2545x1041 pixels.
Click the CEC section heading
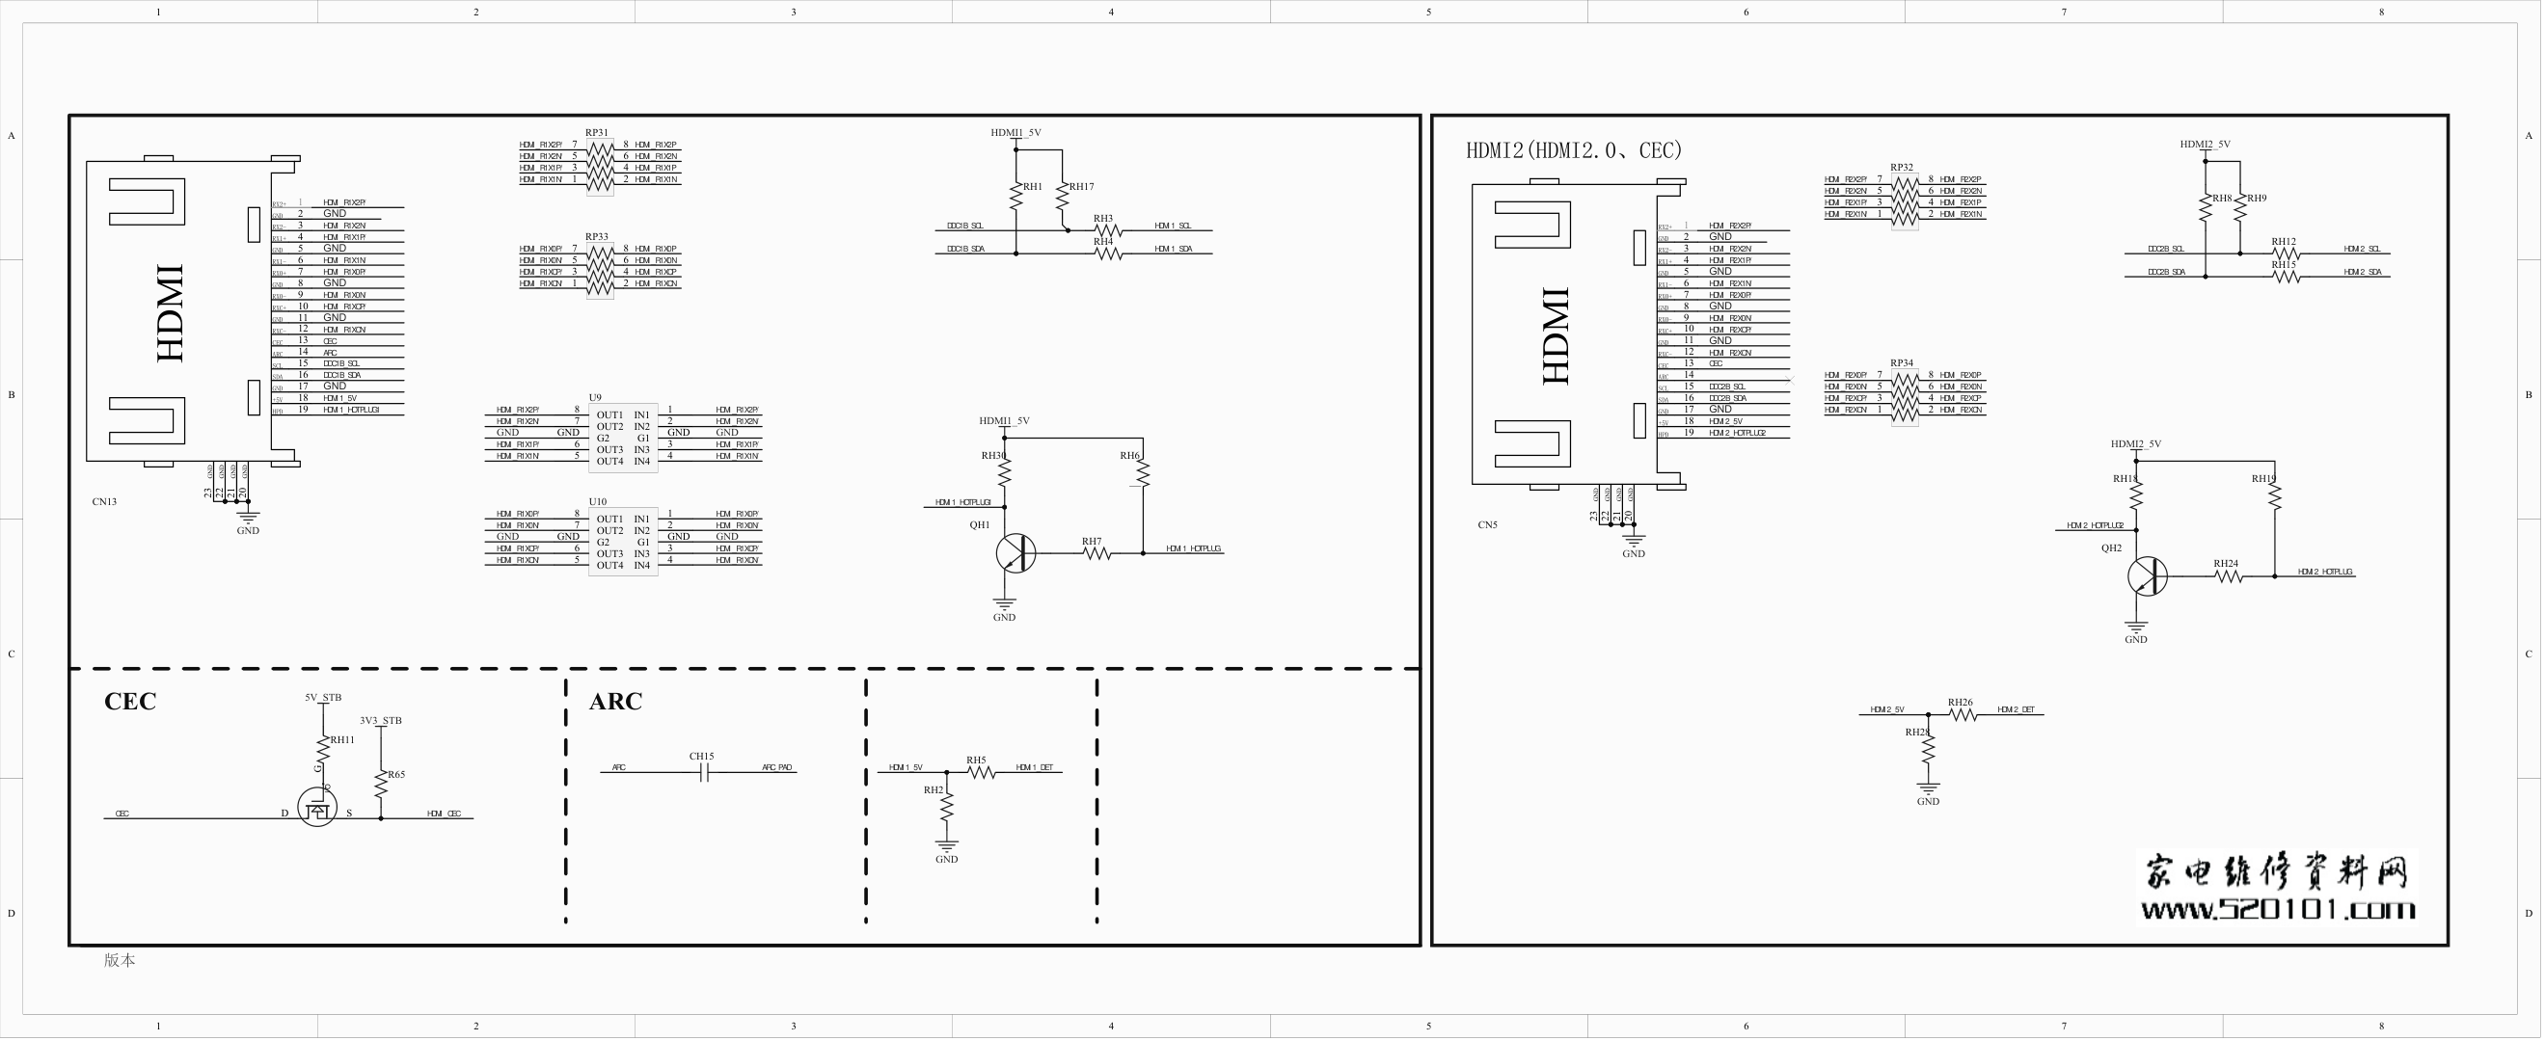tap(130, 702)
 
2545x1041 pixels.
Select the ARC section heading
tap(615, 702)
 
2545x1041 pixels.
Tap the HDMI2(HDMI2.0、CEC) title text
tap(1573, 150)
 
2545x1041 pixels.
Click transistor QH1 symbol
tap(1015, 553)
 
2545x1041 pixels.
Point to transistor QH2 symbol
tap(2147, 575)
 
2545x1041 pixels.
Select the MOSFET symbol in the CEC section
tap(317, 807)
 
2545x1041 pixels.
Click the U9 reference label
tap(595, 397)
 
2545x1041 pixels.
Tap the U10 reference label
tap(598, 502)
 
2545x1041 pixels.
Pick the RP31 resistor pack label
tap(597, 132)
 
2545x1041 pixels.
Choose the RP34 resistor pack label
tap(1902, 363)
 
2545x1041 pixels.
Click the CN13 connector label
tap(105, 502)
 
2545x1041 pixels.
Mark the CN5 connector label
tap(1488, 525)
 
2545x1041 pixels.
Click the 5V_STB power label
tap(323, 697)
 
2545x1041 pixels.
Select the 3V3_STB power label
tap(380, 721)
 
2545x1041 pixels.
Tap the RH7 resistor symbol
tap(1097, 553)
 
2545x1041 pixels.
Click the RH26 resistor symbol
tap(1962, 715)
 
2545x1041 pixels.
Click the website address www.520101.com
tap(2277, 909)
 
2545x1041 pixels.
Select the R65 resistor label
tap(396, 774)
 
